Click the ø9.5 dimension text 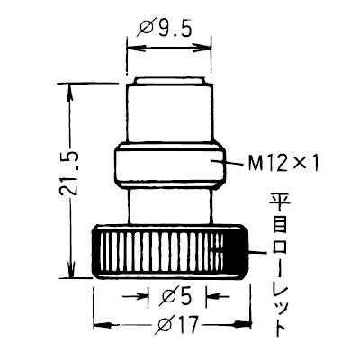click(x=167, y=29)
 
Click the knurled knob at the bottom click(x=169, y=253)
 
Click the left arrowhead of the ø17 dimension click(x=99, y=322)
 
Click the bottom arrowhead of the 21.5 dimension click(x=70, y=274)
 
